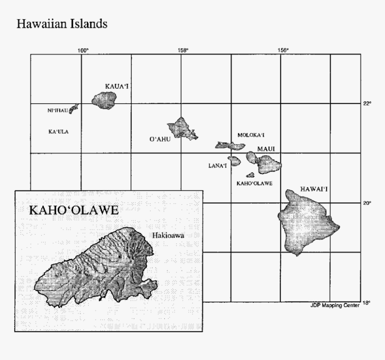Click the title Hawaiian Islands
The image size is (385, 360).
point(61,24)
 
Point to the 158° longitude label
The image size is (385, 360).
point(183,50)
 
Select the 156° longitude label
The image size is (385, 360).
point(283,50)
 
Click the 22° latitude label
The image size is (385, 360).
point(367,104)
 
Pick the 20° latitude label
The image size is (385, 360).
point(367,203)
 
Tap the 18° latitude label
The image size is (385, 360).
point(366,303)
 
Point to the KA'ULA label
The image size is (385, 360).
point(58,132)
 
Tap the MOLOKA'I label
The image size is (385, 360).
point(251,135)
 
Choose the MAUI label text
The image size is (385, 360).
point(265,148)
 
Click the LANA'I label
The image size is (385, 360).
point(218,165)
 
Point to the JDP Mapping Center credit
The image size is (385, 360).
point(334,305)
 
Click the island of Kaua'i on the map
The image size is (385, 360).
point(104,99)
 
